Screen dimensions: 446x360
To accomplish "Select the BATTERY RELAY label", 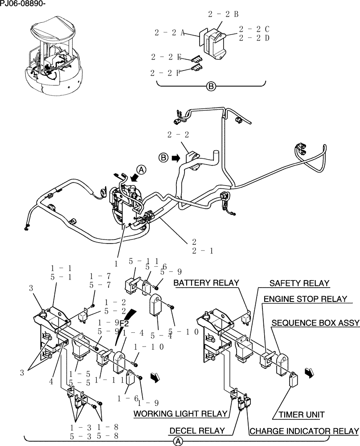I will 206,283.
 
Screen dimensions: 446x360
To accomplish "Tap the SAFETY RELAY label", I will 299,283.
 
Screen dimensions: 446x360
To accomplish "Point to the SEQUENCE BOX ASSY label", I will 315,322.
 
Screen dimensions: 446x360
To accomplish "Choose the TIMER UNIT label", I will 302,414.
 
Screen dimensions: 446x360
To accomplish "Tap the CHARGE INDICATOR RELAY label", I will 304,431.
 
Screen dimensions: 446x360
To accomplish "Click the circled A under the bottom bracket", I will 177,441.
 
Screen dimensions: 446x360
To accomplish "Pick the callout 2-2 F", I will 165,72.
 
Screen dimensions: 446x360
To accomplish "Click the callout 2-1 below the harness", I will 203,251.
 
